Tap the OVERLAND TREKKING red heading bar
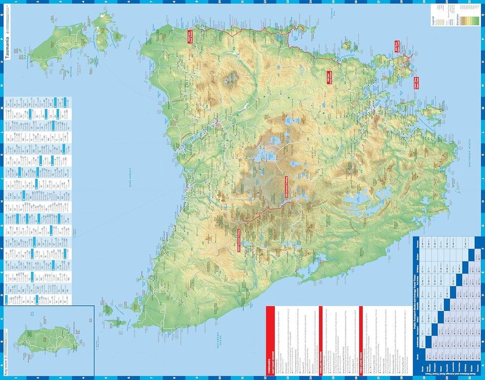(x=321, y=334)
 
